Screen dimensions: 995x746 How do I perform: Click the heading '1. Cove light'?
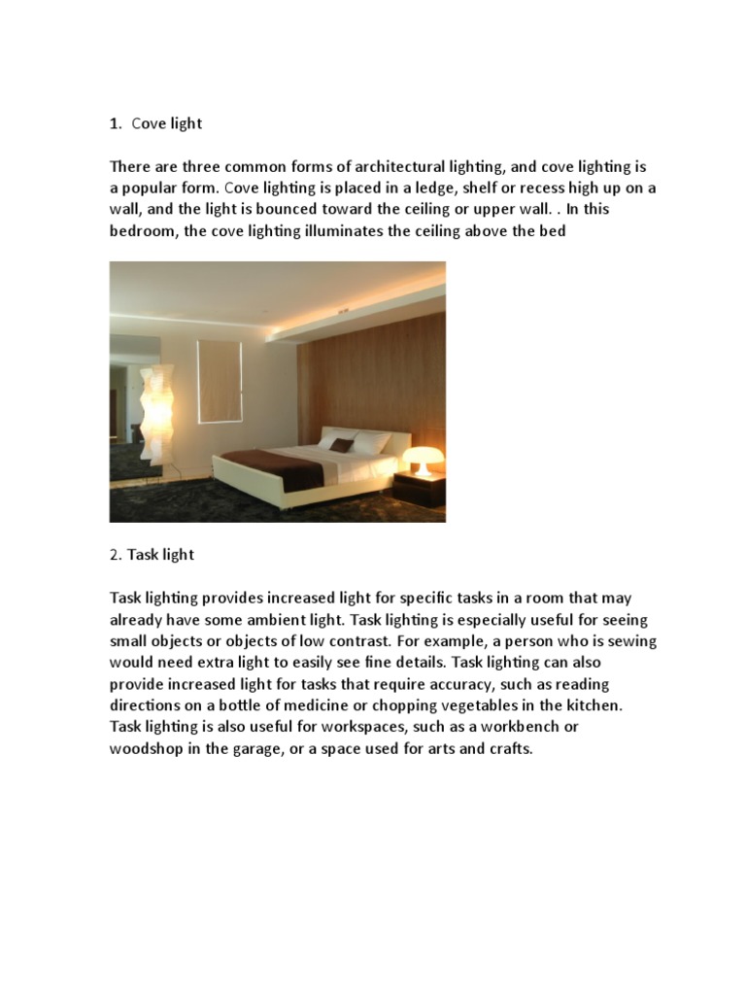[155, 123]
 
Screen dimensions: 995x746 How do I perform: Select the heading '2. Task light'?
[152, 554]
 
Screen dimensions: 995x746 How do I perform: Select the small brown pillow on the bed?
[341, 444]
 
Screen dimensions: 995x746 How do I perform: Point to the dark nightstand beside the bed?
[420, 489]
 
